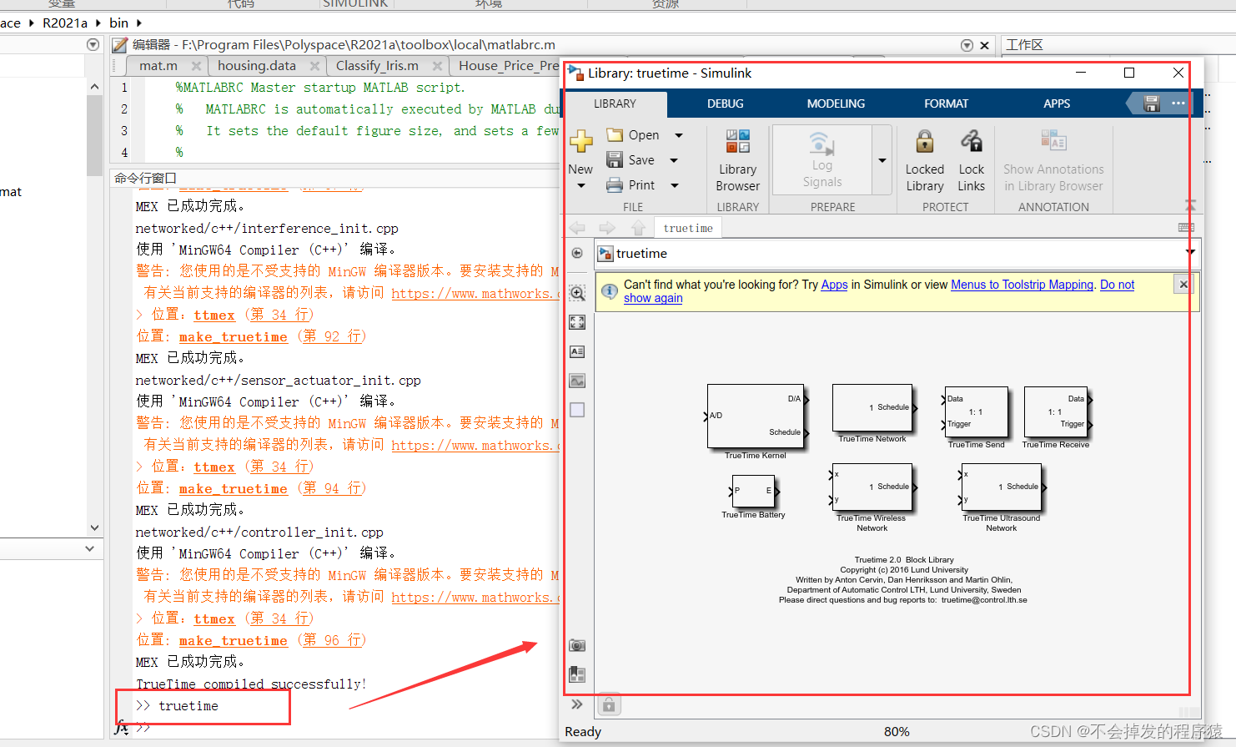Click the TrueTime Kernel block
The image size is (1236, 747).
(x=755, y=416)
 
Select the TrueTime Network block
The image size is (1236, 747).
(x=872, y=408)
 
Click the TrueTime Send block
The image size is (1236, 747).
(x=976, y=411)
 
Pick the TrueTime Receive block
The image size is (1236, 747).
(x=1056, y=411)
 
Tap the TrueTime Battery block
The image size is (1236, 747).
(x=753, y=492)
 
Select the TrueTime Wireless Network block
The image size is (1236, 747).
(x=872, y=487)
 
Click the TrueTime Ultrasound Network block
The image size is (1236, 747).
(x=1002, y=487)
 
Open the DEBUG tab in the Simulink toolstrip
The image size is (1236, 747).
(x=725, y=103)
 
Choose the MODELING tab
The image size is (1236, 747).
(x=836, y=103)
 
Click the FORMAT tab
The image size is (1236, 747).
(x=946, y=103)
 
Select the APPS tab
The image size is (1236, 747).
(x=1057, y=103)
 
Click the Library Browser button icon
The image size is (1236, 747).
(x=737, y=141)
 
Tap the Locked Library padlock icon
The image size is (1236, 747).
(x=924, y=141)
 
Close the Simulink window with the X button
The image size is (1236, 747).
(x=1178, y=73)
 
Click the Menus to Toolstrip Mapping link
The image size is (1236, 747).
(x=1022, y=285)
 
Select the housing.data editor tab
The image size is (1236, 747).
(x=257, y=66)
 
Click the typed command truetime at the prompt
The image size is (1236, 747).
(x=188, y=706)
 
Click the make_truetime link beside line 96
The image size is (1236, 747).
(x=233, y=640)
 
